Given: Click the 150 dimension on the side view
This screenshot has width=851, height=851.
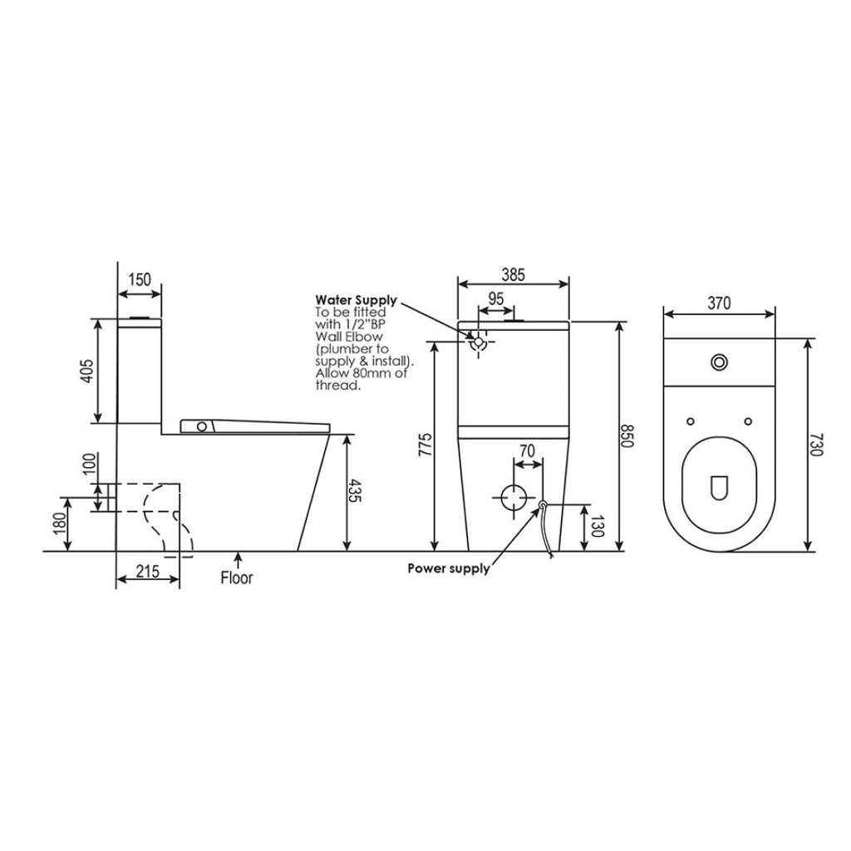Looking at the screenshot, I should (x=140, y=279).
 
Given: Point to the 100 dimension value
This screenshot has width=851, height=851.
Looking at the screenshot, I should (x=89, y=465).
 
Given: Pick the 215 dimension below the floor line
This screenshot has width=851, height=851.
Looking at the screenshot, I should (x=147, y=572).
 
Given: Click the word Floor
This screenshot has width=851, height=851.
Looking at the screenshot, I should (x=237, y=577).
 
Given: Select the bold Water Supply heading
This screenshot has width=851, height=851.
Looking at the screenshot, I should (x=356, y=300).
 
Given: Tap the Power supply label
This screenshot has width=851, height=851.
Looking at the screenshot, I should (x=448, y=568).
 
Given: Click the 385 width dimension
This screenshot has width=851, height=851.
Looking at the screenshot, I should (x=513, y=275).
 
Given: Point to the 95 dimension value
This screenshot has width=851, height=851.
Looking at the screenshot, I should (x=496, y=298).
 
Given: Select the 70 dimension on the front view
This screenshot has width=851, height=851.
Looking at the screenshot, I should (x=526, y=450).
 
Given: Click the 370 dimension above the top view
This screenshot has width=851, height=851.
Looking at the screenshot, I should (x=719, y=303).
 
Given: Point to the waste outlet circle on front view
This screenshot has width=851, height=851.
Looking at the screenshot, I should (x=514, y=497).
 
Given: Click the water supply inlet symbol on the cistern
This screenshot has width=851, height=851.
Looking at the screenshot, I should (x=478, y=342).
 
